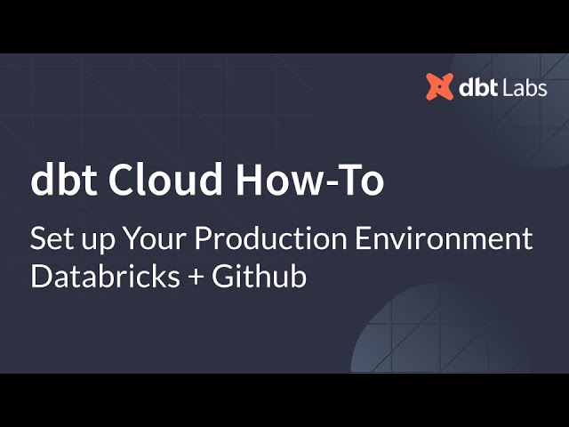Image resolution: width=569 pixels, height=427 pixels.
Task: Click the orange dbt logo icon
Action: (x=439, y=86)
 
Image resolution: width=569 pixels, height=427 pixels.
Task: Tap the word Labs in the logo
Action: (x=523, y=87)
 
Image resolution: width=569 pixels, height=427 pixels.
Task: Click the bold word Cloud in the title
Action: (x=164, y=181)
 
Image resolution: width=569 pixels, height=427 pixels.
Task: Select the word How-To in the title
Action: (x=309, y=181)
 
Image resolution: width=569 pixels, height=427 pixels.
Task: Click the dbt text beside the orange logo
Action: (x=478, y=87)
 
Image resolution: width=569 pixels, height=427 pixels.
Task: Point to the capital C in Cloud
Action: (x=120, y=181)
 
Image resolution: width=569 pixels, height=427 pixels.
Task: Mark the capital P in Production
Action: (x=203, y=239)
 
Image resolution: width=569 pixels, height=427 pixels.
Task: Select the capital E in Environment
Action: (x=365, y=239)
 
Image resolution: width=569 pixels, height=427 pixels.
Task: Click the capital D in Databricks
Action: (x=40, y=276)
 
